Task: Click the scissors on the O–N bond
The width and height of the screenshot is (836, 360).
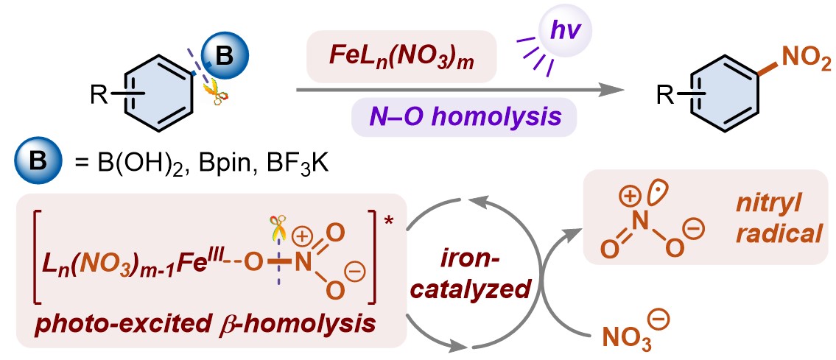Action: (277, 230)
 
